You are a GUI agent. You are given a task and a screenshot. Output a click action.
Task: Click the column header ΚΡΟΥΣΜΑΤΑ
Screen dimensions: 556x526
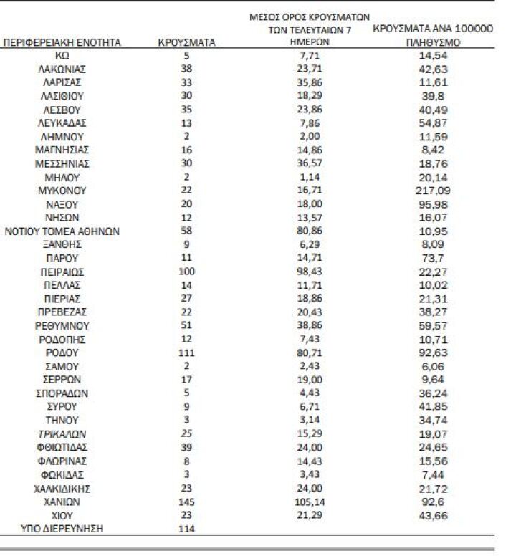coord(186,42)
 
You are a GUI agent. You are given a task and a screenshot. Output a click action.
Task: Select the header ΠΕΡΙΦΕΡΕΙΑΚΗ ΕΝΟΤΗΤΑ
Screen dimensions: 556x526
coord(62,42)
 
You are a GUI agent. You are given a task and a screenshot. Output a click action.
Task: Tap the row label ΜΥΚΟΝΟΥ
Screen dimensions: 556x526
coord(62,191)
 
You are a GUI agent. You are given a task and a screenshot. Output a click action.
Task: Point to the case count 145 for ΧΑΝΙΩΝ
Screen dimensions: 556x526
coord(186,502)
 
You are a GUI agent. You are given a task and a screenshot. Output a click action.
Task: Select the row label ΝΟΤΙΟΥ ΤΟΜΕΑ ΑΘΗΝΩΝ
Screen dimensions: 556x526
coord(62,231)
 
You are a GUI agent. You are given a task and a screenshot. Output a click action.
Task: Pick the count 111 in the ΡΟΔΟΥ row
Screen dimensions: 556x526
coord(186,353)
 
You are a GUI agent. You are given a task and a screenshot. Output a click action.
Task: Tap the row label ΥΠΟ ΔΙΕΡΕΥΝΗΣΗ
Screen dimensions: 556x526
coord(62,529)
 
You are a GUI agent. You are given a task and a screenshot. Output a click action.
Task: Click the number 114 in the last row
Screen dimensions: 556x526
coord(186,529)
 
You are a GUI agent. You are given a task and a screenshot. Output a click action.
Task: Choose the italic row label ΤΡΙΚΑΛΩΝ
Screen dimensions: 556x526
coord(62,434)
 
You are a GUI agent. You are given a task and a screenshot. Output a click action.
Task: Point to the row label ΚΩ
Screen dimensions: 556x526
coord(62,55)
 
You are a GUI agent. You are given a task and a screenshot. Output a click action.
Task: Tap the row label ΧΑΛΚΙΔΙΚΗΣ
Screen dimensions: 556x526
coord(62,489)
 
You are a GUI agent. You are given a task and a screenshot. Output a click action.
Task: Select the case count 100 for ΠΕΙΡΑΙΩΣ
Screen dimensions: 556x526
coord(186,272)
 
